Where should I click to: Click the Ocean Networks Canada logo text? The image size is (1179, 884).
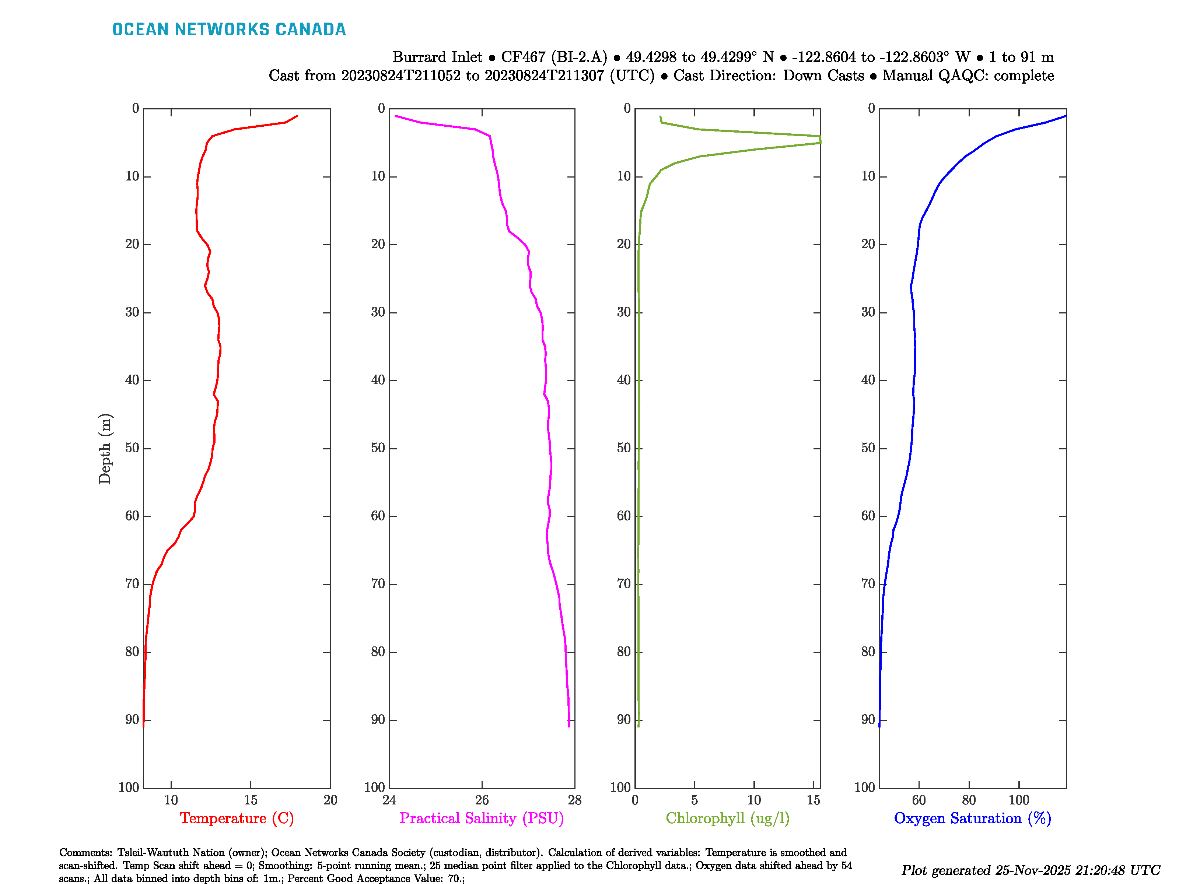point(229,29)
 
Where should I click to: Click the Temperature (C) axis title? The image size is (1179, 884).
point(237,818)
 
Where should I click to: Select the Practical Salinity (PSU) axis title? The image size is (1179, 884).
point(482,818)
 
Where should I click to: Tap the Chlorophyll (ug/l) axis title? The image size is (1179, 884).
point(728,818)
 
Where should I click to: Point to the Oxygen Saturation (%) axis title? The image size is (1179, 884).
point(972,818)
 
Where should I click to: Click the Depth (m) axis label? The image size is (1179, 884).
point(105,449)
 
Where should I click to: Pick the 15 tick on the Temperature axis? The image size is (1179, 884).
point(251,800)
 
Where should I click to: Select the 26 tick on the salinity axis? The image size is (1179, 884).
point(482,800)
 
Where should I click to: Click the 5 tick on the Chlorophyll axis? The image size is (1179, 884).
point(695,800)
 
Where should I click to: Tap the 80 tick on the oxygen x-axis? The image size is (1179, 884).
point(969,800)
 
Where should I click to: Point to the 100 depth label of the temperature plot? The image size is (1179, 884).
point(129,787)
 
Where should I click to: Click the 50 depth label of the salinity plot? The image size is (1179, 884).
point(378,448)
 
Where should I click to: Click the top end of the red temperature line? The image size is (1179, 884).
point(297,116)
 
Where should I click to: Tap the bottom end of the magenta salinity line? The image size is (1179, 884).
point(569,726)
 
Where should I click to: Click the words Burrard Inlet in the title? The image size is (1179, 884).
point(437,57)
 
